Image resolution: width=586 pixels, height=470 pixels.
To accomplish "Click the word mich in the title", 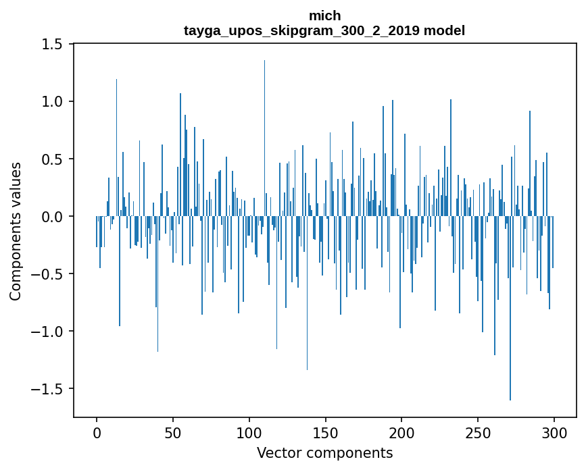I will coord(324,16).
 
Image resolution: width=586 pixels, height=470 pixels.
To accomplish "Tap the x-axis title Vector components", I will coord(324,452).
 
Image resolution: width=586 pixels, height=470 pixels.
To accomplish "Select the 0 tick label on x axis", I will coord(97,432).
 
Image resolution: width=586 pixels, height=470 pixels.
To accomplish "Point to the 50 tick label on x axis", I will coord(173,432).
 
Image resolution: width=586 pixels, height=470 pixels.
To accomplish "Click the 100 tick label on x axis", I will coord(249,432).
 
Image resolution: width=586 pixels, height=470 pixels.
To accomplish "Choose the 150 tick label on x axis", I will coord(326,432).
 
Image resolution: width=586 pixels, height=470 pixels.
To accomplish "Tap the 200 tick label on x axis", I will coord(402,432).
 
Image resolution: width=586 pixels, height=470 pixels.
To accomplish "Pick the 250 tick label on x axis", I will coord(478,432).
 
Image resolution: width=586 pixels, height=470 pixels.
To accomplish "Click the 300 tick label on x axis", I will coord(554,432).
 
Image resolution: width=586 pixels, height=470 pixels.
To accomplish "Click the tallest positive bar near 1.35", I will coord(264,135).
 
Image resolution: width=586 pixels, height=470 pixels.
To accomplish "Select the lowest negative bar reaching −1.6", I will coord(510,311).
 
